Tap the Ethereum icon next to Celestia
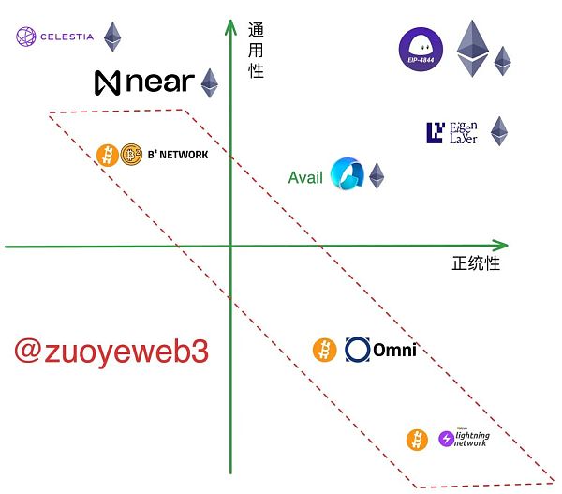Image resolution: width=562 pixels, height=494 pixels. tap(112, 37)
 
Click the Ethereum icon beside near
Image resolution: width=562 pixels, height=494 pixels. tap(209, 82)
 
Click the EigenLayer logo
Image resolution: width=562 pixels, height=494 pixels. tap(452, 133)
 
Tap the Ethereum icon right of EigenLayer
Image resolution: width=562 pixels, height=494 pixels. tap(499, 131)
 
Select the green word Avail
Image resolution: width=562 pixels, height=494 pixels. tap(305, 177)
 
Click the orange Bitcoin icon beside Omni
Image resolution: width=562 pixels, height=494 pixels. tap(324, 350)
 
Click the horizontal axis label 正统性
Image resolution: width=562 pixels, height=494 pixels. tap(476, 263)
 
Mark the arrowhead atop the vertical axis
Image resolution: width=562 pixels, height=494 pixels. tap(229, 21)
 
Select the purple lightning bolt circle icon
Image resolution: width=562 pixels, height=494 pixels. tap(447, 439)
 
